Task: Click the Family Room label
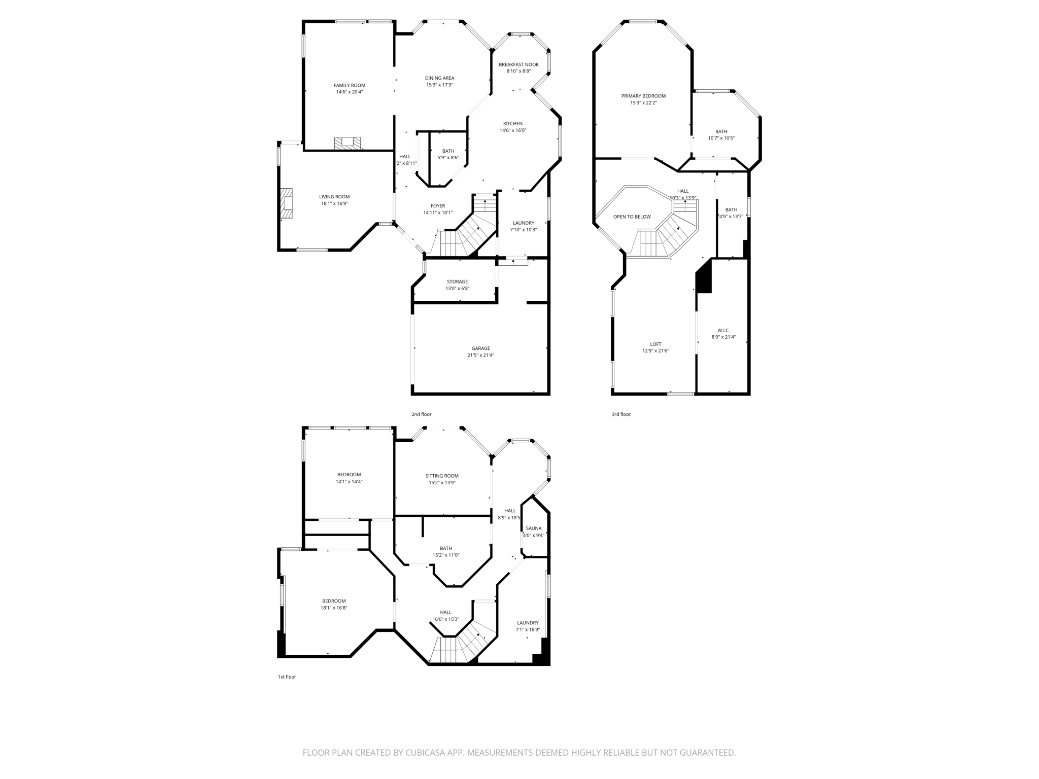349,85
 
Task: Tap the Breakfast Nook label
518,64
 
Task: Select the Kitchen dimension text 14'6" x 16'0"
513,130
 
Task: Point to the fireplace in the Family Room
348,143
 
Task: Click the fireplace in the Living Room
287,203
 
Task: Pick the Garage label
480,348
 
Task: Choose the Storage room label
457,281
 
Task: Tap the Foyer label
438,206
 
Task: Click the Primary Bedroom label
643,96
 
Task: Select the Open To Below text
632,217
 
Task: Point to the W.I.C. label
723,330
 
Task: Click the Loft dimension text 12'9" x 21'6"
655,350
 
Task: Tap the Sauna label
534,528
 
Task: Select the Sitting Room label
442,476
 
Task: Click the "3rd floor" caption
621,414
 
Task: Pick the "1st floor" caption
287,677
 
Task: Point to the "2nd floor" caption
421,414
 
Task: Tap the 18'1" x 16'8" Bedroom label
334,601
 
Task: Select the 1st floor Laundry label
528,623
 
